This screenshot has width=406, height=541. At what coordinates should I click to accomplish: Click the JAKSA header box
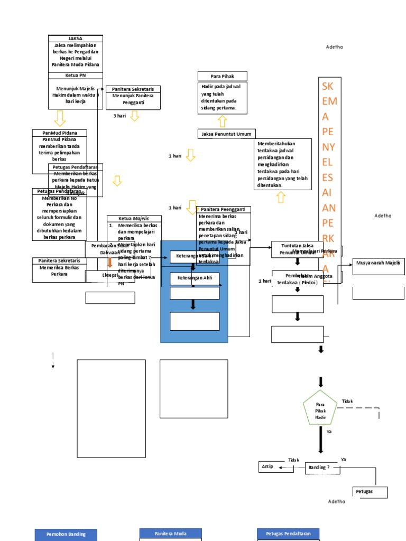75,39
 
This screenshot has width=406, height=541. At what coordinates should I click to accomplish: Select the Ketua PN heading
75,76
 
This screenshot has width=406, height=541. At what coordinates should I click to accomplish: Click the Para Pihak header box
222,76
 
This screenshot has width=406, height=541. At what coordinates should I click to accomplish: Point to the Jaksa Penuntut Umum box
226,134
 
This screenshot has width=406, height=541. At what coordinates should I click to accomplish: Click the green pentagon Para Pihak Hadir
320,408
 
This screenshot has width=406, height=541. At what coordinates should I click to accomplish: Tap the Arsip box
268,467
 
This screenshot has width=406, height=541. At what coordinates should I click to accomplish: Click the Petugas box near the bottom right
370,492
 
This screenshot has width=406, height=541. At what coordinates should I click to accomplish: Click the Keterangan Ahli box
194,278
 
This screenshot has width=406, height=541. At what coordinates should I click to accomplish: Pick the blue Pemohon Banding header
66,535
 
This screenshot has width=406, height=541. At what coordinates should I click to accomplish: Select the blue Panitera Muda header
170,534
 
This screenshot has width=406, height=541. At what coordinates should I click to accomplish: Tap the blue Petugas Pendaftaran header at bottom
288,534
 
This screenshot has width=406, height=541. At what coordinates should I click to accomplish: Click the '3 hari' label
119,116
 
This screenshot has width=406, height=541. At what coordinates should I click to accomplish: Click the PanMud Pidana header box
59,133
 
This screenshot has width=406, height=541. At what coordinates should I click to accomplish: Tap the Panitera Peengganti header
223,210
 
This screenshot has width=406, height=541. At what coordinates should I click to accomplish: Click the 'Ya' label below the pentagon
329,432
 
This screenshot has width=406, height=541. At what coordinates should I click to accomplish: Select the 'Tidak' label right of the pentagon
347,402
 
